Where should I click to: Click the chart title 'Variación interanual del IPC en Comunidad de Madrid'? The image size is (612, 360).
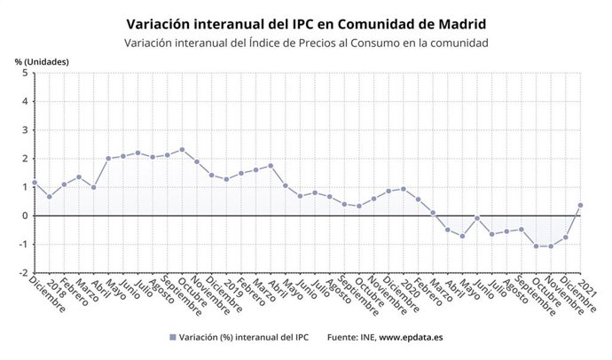(x=306, y=23)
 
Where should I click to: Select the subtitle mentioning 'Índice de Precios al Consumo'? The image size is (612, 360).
(x=306, y=43)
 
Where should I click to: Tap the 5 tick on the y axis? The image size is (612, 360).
(x=24, y=73)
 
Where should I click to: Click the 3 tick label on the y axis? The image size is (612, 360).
(x=24, y=130)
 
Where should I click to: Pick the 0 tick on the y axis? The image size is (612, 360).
(x=24, y=215)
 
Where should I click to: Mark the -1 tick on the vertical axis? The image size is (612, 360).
(x=22, y=245)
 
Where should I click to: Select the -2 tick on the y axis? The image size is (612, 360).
(x=22, y=273)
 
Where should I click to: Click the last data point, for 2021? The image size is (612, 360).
(x=580, y=205)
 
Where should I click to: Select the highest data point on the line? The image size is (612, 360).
(x=182, y=149)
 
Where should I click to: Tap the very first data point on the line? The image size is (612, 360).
(x=35, y=183)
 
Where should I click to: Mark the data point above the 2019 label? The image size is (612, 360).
(x=226, y=179)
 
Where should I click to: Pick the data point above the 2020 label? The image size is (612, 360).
(x=404, y=188)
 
